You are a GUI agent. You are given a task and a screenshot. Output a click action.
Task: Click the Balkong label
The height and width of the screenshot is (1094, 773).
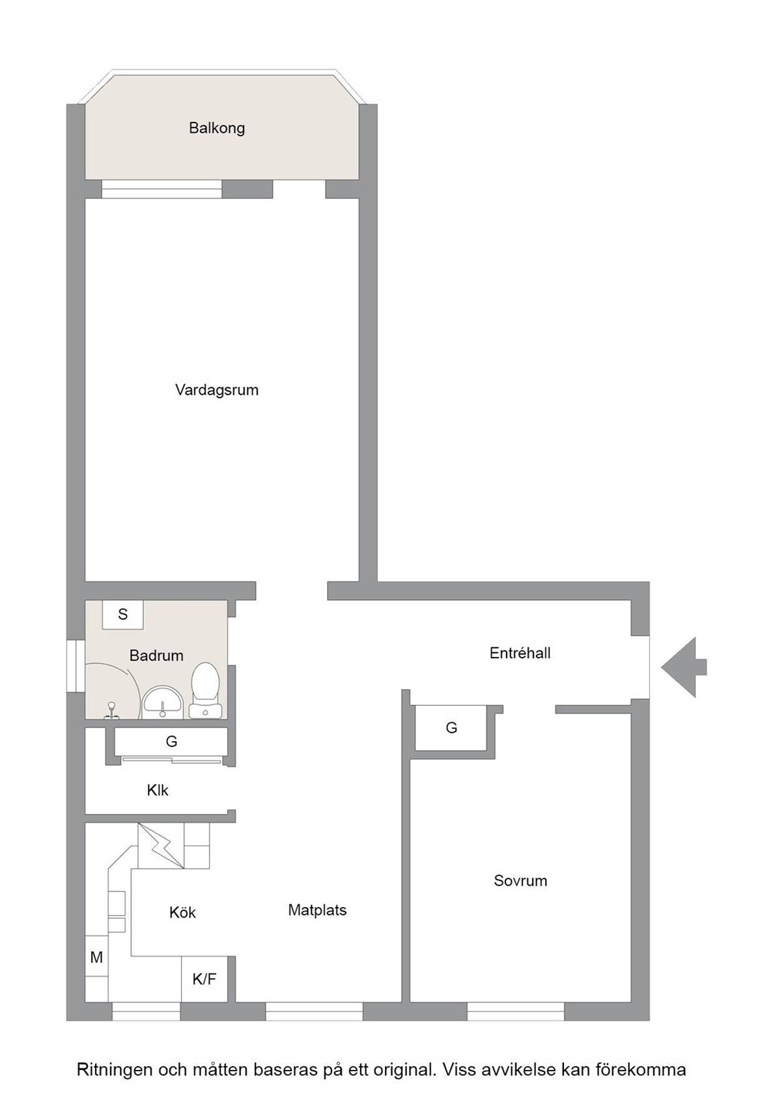click(217, 128)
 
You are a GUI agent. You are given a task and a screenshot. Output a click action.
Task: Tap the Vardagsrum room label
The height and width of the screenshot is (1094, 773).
click(217, 390)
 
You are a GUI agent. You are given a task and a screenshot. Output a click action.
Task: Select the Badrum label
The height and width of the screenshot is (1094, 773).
click(156, 655)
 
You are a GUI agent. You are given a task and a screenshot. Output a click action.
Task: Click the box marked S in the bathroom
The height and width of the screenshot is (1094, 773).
click(122, 615)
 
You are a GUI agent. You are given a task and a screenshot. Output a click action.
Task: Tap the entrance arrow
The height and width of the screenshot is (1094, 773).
click(684, 667)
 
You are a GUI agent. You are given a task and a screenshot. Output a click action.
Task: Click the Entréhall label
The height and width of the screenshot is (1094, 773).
click(520, 653)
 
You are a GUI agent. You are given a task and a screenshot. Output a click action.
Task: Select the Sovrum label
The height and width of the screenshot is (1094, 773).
click(520, 880)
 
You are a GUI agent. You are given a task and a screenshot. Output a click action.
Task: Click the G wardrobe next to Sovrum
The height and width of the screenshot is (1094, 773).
click(451, 727)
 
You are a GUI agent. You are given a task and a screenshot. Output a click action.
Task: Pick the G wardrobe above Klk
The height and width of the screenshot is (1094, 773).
click(171, 741)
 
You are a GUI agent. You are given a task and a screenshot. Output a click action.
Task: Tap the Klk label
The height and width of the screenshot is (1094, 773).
click(158, 791)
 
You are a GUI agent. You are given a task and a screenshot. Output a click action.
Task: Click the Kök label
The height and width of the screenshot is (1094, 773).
click(182, 912)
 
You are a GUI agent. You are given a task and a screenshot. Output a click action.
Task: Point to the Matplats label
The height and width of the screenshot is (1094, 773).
click(317, 910)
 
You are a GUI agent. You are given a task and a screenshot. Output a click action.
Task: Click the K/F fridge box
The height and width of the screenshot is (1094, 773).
click(204, 979)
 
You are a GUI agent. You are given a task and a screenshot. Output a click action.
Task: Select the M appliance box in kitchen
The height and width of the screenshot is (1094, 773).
click(96, 957)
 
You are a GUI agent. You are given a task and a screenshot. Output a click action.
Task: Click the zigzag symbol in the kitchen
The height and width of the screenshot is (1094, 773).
click(161, 846)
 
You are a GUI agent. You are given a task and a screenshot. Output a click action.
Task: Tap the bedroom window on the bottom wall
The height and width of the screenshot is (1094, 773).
click(516, 1011)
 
